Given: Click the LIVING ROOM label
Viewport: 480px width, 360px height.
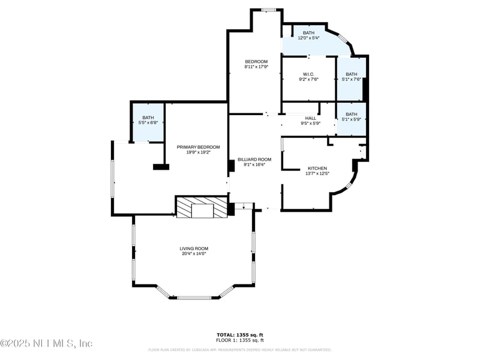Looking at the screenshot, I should coord(194,248).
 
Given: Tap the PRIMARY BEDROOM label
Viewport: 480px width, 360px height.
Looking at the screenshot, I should coord(198,147).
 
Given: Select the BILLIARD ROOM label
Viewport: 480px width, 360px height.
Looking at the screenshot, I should coord(254,160).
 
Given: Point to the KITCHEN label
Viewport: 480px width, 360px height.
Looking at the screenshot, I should coord(317,168).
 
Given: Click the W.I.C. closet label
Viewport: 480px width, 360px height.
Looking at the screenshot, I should coord(308,74).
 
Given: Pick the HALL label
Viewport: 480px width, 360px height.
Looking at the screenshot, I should coord(310,118).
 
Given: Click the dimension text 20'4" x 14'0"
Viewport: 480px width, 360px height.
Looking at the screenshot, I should coord(194,254).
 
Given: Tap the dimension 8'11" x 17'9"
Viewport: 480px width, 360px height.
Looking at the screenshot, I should coord(256,67).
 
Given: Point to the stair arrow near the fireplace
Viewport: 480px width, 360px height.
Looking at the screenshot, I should coord(244,207).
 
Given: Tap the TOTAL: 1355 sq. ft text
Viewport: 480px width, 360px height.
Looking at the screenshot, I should coord(240,334).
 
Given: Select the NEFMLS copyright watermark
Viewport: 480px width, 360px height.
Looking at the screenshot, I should coord(46,343).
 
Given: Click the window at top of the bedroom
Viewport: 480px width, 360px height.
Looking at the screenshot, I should coord(268,10).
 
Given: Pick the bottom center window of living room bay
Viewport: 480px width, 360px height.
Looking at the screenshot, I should coord(194,297).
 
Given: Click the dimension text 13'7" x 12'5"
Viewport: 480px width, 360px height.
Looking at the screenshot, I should coord(317,173).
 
